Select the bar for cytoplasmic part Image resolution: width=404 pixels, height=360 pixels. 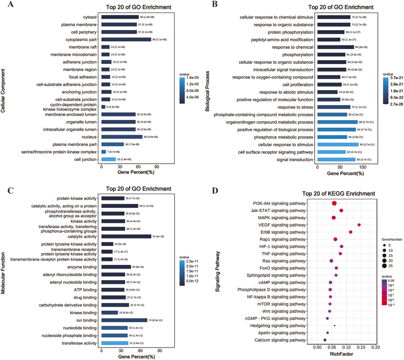click(126, 40)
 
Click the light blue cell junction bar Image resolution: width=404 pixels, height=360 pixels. click(109, 159)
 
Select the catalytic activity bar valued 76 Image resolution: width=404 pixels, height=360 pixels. click(126, 236)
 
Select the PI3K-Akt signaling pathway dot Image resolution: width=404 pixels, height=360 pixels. click(334, 204)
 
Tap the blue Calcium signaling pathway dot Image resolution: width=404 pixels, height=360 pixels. click(325, 340)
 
